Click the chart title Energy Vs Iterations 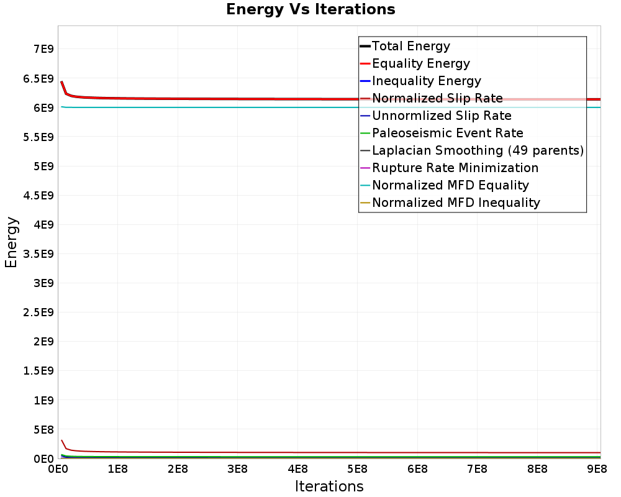[x=310, y=10]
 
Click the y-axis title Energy [x=11, y=242]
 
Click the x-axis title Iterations [x=329, y=486]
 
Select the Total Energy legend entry [x=410, y=46]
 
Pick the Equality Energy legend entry [x=420, y=63]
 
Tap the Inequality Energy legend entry [x=426, y=81]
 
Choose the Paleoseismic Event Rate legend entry [x=447, y=133]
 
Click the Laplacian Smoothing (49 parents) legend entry [x=478, y=150]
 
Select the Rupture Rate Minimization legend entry [x=455, y=168]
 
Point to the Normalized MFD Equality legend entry [x=450, y=185]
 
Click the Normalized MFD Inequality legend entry [x=456, y=203]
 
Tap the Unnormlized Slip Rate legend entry [x=442, y=116]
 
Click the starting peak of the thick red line [x=61, y=82]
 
